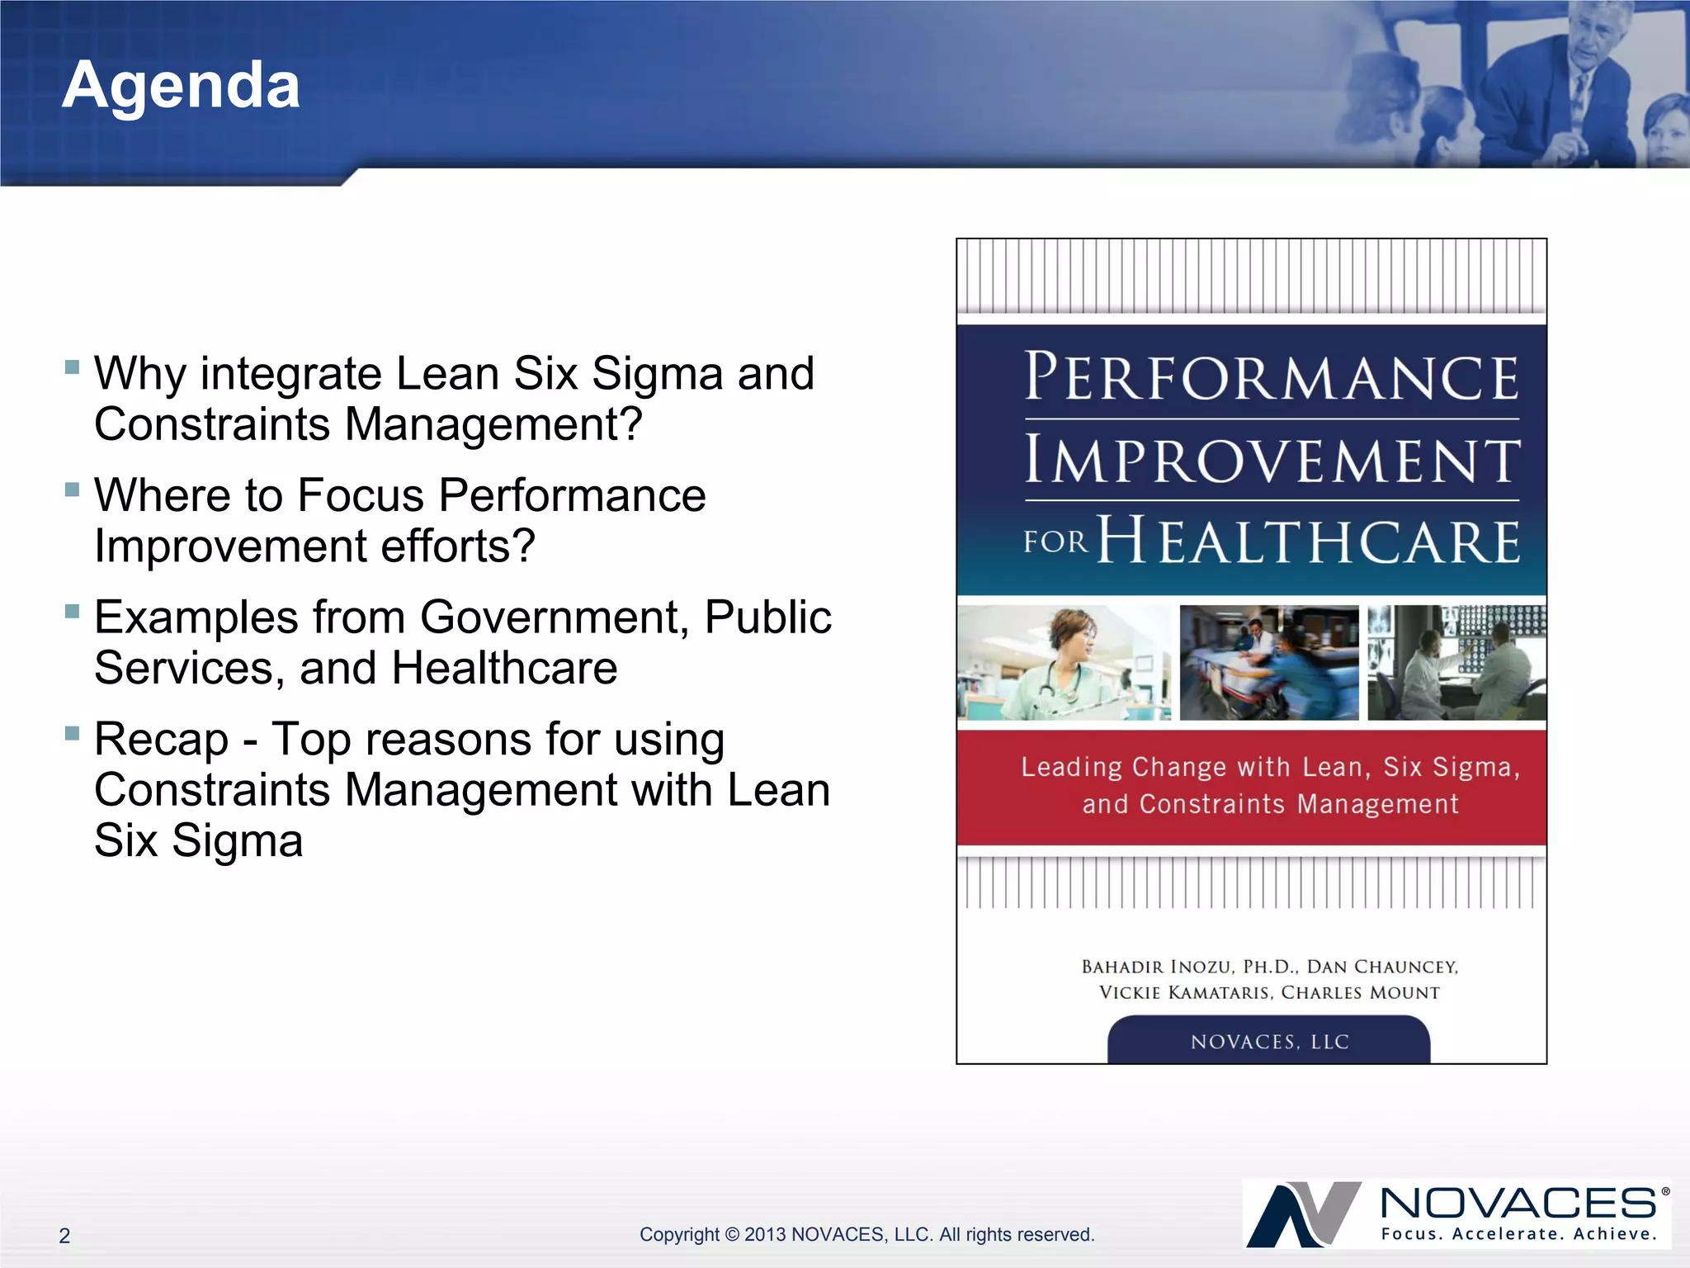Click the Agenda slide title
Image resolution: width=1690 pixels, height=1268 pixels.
181,85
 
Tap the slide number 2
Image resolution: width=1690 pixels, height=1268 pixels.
64,1236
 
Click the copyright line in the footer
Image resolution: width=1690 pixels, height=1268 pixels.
866,1234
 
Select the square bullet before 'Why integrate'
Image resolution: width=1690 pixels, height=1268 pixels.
73,367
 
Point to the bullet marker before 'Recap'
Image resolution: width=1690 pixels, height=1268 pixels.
73,732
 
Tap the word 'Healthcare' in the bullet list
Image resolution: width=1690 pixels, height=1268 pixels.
504,668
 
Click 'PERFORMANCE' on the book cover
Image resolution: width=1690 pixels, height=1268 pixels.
1271,378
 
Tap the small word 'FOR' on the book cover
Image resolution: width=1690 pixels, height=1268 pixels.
1055,542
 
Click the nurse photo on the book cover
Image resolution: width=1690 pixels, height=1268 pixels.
1064,663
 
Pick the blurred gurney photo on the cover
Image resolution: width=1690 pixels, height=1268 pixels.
1269,663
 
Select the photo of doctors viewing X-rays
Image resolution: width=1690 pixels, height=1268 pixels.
1456,663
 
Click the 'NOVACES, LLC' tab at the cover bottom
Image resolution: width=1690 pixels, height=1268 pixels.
1269,1042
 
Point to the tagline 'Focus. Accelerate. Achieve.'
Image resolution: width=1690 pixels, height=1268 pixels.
1518,1234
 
